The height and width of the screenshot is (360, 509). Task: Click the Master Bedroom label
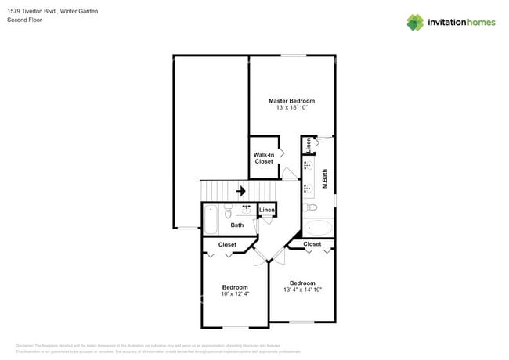point(291,101)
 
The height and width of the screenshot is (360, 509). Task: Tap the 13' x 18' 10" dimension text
point(291,108)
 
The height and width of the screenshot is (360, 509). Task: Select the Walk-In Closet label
point(264,158)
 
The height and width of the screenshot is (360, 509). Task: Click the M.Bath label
point(325,182)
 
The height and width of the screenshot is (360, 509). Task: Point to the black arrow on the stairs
point(241,190)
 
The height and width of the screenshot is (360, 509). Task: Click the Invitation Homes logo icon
point(415,22)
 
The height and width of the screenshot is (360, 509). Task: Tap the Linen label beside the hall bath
point(267,210)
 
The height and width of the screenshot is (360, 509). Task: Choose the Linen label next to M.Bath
point(309,145)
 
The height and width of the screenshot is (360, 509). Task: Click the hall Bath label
point(236,225)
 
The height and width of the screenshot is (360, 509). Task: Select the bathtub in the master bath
point(318,229)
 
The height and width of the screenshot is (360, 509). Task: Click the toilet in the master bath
point(310,208)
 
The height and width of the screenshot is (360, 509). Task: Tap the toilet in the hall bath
point(228,212)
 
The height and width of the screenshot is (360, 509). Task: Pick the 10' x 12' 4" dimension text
point(235,294)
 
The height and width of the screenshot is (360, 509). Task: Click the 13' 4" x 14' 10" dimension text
point(302,290)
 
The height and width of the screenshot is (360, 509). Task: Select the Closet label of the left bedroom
point(227,245)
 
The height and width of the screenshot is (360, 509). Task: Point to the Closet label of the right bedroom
point(312,244)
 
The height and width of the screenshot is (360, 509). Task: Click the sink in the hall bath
point(247,210)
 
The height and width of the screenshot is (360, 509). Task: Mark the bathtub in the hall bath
point(211,220)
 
